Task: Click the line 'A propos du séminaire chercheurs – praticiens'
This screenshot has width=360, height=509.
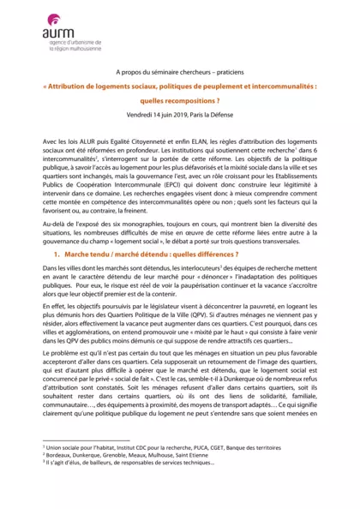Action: (x=179, y=75)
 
